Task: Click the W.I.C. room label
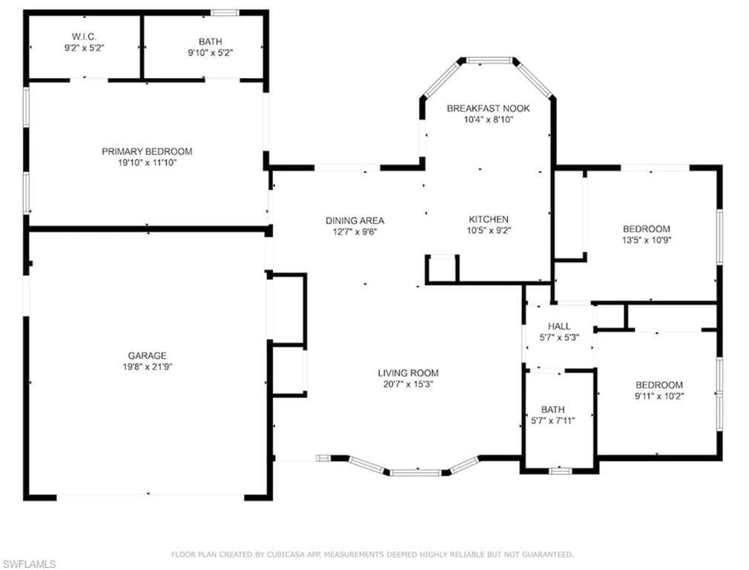pos(84,36)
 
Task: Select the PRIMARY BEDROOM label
pos(147,151)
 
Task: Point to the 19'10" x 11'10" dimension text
pos(147,163)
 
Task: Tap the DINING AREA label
pos(354,220)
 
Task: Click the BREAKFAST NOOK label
pos(488,108)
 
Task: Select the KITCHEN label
pos(488,219)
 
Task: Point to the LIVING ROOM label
pos(408,373)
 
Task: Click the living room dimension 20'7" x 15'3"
pos(408,384)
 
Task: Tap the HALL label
pos(559,327)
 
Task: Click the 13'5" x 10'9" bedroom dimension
pos(646,240)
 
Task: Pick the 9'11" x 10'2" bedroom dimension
pos(659,396)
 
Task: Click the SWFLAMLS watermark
pos(29,564)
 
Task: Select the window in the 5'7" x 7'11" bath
pos(560,470)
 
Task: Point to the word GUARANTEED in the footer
pos(547,554)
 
